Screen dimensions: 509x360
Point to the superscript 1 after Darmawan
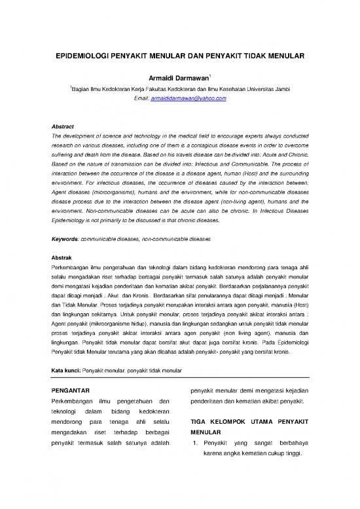tap(209, 75)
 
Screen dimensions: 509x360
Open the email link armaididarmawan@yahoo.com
tap(189, 98)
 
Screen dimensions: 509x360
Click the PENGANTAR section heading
tap(71, 391)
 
